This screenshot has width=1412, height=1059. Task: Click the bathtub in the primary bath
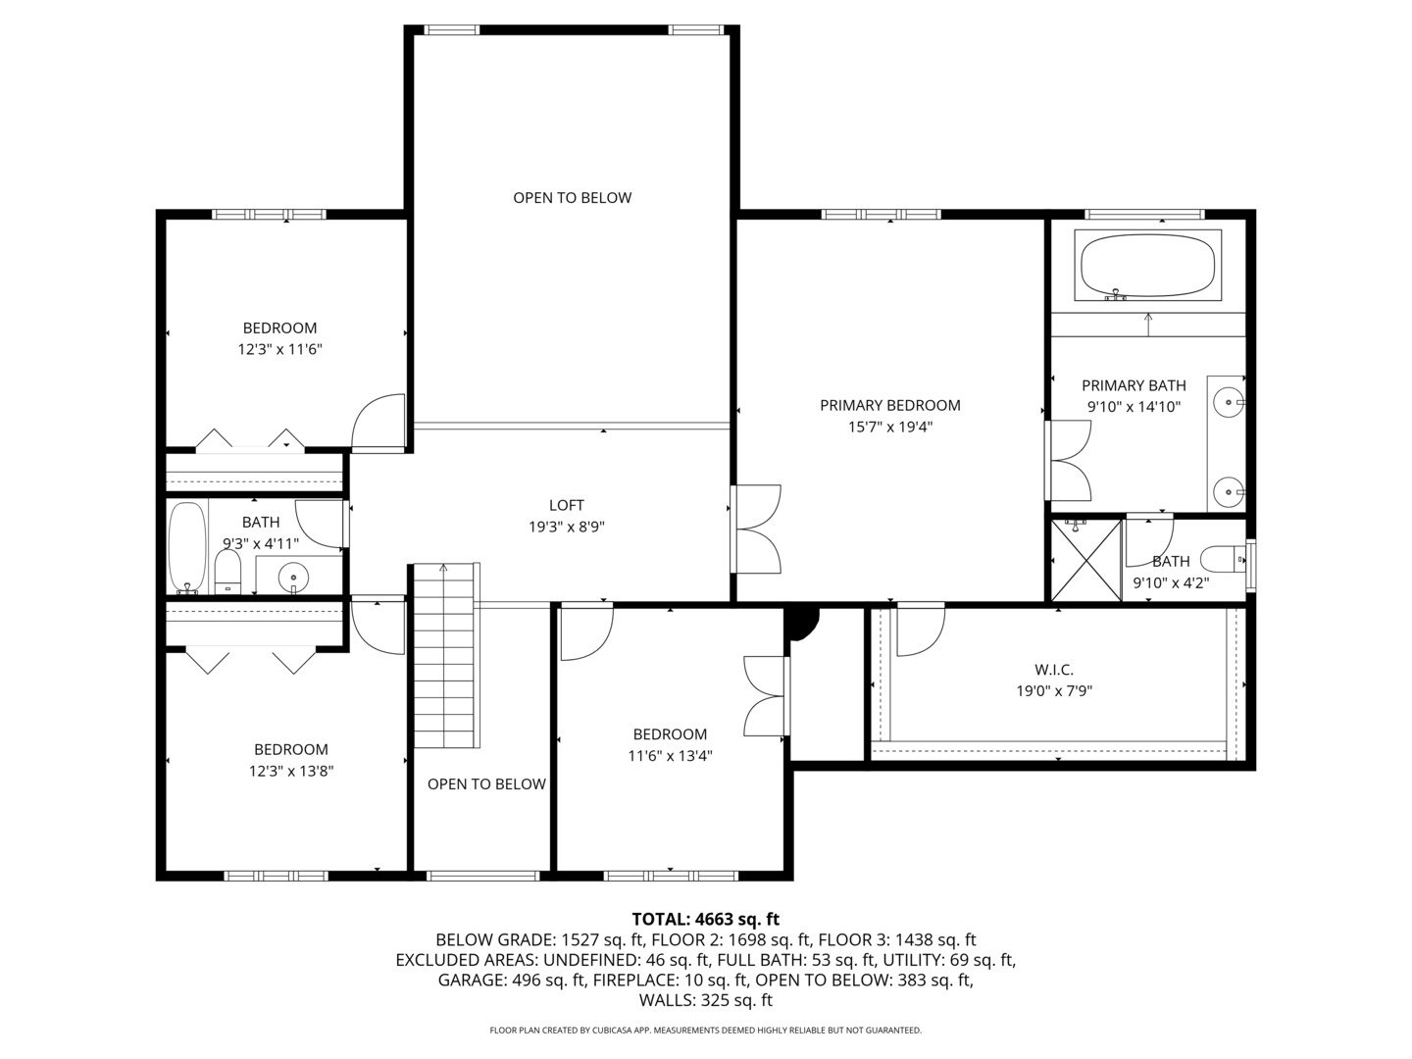tap(1147, 265)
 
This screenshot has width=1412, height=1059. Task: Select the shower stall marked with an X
tap(1085, 560)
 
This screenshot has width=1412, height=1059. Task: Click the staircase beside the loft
tap(445, 655)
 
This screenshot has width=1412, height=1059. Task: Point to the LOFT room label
tap(566, 506)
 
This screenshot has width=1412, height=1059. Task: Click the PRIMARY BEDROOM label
tap(889, 405)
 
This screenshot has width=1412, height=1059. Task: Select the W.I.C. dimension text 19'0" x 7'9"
tap(1054, 690)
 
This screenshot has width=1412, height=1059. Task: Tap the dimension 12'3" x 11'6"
tap(279, 349)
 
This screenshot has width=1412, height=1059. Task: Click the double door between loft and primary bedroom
tap(757, 529)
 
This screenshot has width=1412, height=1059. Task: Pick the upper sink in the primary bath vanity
tap(1228, 401)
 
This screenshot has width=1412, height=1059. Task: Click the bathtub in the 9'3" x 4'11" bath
tap(186, 546)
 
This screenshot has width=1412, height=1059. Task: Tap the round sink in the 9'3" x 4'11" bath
tap(291, 576)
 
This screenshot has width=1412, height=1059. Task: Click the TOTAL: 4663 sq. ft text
tap(705, 919)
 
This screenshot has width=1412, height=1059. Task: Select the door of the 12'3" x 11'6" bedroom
tap(379, 424)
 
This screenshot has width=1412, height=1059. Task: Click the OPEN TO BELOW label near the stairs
tap(486, 783)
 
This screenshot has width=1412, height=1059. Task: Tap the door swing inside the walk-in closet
tap(919, 630)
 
